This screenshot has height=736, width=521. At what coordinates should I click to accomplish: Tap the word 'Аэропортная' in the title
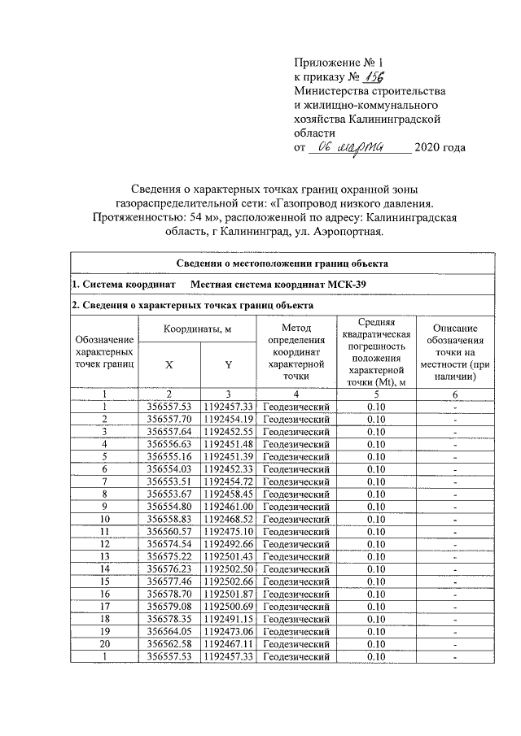pos(348,232)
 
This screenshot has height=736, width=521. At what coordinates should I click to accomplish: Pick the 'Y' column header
pos(228,365)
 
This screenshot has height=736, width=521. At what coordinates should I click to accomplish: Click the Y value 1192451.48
pos(228,444)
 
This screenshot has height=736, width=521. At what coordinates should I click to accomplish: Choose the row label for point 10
pos(104,518)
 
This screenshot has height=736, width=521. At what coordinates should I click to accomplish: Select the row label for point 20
pos(104,643)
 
